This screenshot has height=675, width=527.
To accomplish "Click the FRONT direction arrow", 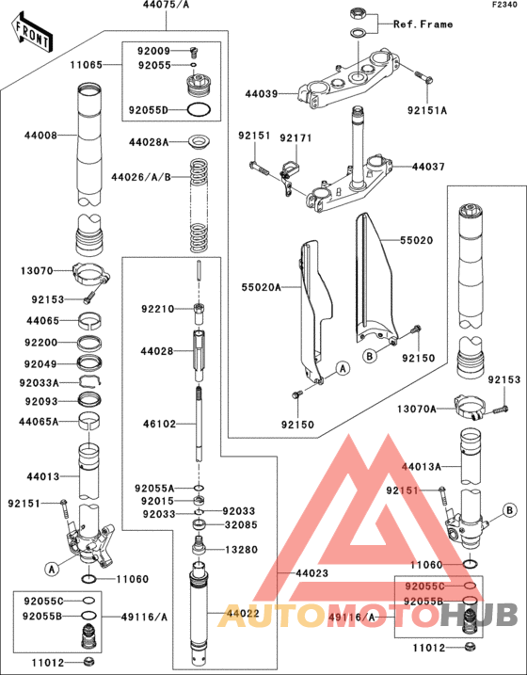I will [32, 32].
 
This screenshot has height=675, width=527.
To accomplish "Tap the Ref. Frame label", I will [423, 24].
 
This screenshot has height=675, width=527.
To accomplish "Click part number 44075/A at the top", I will [167, 6].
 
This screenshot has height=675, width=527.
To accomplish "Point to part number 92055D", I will [149, 110].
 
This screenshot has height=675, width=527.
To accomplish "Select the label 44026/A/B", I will [140, 176].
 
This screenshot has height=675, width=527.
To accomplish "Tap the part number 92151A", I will [427, 110].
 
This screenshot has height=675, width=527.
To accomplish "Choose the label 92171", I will [295, 137].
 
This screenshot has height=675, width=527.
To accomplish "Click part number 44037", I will [428, 167].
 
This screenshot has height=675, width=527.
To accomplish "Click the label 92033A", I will [40, 383].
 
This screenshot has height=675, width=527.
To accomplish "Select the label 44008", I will [40, 136].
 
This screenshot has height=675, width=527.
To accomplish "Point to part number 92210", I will [157, 308].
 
